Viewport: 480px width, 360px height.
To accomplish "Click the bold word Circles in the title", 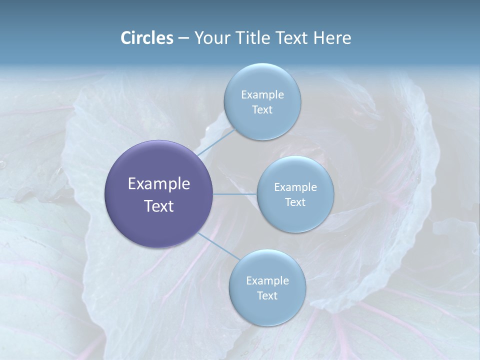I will click(146, 38).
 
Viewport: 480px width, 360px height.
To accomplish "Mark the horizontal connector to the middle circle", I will click(235, 194).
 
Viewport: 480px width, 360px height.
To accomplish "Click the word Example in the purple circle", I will click(159, 184).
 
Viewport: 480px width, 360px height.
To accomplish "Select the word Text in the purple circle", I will click(159, 206).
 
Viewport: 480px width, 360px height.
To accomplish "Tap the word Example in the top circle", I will click(262, 94).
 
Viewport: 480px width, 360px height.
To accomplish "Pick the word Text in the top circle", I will click(262, 110).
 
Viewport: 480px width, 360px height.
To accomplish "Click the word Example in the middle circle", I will click(295, 187).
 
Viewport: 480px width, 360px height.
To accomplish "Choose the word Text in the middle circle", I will click(295, 202).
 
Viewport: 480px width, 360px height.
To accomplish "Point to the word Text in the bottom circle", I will click(267, 295).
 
